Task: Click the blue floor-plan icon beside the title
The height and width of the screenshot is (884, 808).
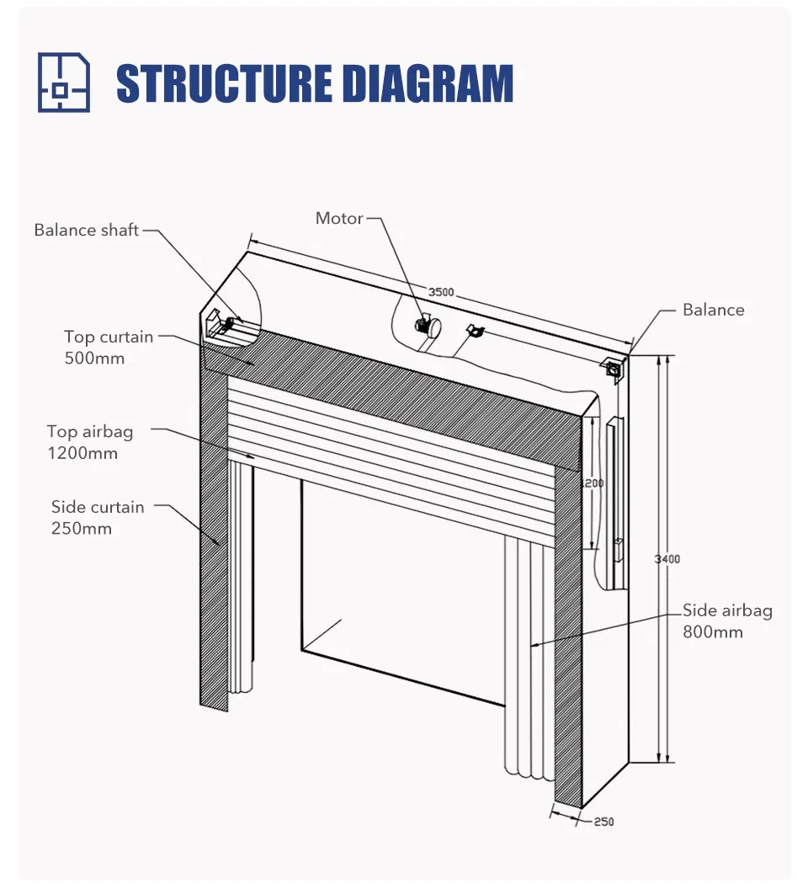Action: pyautogui.click(x=63, y=83)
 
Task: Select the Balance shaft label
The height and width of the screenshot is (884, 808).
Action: pyautogui.click(x=86, y=230)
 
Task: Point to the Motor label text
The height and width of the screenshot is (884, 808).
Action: pyautogui.click(x=339, y=218)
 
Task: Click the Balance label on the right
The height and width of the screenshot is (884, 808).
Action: pyautogui.click(x=713, y=310)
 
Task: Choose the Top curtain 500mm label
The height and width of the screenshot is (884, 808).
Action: pyautogui.click(x=109, y=347)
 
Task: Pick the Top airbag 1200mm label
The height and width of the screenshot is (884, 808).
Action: pyautogui.click(x=89, y=442)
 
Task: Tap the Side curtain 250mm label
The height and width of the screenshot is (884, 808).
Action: pyautogui.click(x=97, y=517)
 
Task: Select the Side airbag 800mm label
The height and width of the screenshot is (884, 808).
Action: pyautogui.click(x=726, y=620)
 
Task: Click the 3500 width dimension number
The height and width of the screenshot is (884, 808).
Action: pyautogui.click(x=441, y=292)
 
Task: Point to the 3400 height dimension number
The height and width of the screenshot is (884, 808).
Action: pyautogui.click(x=667, y=559)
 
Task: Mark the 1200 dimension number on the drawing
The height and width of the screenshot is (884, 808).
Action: pyautogui.click(x=593, y=483)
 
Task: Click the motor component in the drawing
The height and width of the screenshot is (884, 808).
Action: pyautogui.click(x=425, y=324)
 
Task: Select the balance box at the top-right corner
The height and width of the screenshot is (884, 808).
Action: pyautogui.click(x=613, y=368)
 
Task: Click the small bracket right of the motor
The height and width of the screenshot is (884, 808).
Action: pyautogui.click(x=475, y=331)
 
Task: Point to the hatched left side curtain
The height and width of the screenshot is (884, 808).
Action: pyautogui.click(x=214, y=539)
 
